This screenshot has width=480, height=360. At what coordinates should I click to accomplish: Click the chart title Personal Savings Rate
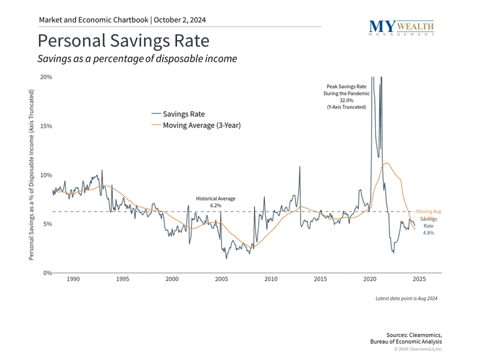point(123,40)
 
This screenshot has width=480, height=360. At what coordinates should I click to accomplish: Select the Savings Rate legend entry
point(183,114)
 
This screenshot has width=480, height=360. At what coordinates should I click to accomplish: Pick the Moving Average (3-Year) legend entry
point(201,125)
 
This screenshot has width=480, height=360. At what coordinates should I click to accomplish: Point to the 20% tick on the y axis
point(46,77)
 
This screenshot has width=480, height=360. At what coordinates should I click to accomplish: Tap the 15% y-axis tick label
point(46,126)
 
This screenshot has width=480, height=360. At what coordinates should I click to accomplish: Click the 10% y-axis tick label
point(46,175)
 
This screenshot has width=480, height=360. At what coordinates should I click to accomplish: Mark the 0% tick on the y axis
point(47,273)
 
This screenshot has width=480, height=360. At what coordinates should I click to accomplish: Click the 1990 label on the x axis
point(73,280)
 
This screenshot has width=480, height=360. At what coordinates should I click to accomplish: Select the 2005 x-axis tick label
point(221,280)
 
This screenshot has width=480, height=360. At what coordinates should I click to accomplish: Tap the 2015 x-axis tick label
point(320,280)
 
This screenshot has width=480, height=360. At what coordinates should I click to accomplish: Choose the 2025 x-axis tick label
point(419,280)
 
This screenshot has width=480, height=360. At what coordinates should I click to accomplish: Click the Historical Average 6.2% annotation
point(216,201)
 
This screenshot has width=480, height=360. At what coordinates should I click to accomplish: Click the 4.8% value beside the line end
point(428,233)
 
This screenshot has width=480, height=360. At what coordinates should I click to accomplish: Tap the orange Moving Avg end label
point(428,211)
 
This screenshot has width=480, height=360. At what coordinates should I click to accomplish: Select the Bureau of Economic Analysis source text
point(406,341)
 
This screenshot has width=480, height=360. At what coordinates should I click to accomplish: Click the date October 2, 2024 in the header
point(180,20)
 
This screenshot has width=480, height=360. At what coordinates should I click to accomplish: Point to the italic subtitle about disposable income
point(137,59)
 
